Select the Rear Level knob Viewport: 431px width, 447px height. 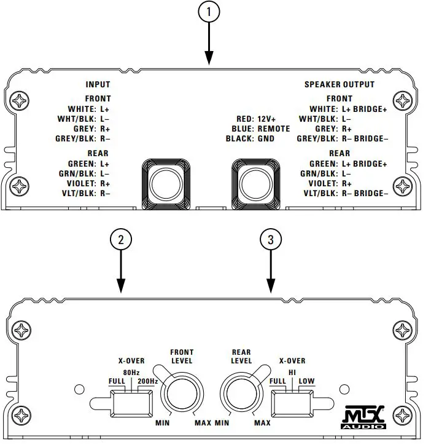[x=241, y=394]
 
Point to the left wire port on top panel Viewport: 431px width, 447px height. [x=165, y=183]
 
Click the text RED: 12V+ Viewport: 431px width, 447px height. [x=256, y=119]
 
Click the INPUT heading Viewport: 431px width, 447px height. [x=98, y=84]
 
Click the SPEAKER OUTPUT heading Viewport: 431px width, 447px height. [x=339, y=84]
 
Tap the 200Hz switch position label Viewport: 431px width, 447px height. [x=149, y=381]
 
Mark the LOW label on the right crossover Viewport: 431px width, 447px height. [x=306, y=381]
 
